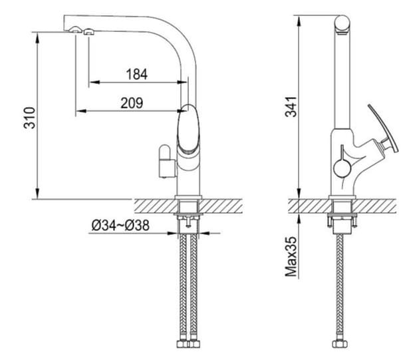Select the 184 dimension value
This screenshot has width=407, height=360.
(137, 74)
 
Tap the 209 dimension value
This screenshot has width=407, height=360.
(132, 102)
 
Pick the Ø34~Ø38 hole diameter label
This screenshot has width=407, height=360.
(120, 226)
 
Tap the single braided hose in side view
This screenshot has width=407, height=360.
(340, 286)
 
